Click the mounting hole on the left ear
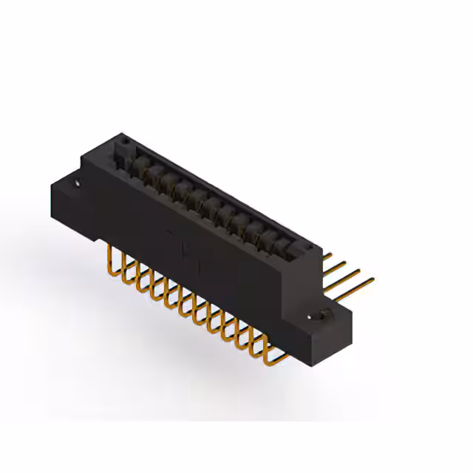pos(76,178)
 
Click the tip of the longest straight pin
pos(372,279)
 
